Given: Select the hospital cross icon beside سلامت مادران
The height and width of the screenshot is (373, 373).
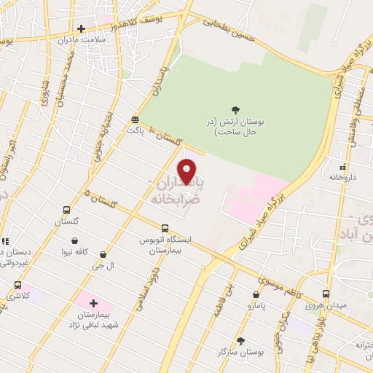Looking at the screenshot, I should coord(81,29).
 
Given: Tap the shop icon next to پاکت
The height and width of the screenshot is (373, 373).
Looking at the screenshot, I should coord(135,119).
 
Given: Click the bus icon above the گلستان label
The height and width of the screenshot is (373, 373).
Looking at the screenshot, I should coord(66,209).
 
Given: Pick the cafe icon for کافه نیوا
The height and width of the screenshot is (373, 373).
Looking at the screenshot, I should coord(74,240).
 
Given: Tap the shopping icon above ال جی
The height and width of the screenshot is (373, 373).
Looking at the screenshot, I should coord(102,255).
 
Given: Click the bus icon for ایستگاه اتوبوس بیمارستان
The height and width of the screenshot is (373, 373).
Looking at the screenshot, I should coord(165,227).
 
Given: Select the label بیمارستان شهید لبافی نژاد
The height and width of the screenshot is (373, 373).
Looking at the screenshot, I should coord(93,318).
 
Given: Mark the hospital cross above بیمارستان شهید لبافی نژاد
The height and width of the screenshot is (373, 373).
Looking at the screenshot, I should coord(93,302).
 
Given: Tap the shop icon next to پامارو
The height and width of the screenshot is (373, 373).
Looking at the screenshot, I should coord(254,297).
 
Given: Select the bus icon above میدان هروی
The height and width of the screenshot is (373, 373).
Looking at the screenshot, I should coord(326,293).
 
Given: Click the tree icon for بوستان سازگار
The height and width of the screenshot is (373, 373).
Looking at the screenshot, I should coord(240,340).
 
